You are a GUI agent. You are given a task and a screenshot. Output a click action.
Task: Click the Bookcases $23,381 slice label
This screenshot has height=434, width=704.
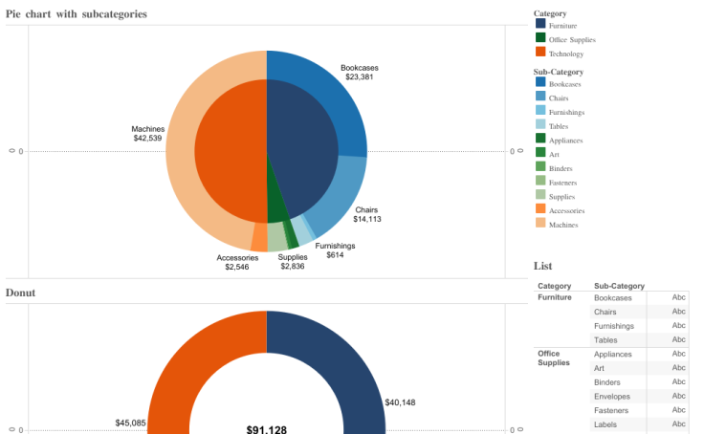360,72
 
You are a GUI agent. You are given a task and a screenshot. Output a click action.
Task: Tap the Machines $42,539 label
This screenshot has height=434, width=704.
147,133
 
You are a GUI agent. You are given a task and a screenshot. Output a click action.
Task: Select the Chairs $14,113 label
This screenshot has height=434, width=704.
366,214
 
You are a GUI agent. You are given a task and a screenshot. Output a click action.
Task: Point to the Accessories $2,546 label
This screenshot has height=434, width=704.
237,262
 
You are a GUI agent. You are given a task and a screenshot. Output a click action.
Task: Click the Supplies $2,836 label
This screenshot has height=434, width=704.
293,262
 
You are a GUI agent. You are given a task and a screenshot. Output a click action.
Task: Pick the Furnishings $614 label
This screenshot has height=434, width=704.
335,250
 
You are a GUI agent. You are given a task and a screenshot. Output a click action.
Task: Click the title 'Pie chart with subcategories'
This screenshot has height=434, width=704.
77,13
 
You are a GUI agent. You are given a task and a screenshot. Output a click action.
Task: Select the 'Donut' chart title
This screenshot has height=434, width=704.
20,293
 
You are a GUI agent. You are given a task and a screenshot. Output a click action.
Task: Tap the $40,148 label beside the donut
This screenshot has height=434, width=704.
401,402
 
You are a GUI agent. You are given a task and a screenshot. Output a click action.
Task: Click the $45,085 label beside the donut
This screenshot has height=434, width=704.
130,423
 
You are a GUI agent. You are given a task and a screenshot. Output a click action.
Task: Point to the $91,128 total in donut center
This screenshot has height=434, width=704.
266,429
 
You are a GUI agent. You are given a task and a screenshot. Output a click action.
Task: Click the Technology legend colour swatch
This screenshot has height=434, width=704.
540,54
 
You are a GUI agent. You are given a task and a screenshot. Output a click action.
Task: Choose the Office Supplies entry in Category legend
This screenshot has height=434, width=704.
572,40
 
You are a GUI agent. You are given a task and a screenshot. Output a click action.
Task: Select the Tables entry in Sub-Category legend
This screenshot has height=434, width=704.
559,126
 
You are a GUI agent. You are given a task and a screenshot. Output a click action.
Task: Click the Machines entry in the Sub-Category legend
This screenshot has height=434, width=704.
563,225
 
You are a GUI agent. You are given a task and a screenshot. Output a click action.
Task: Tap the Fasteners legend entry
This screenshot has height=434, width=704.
562,183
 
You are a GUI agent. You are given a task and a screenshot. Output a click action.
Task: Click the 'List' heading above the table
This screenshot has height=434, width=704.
542,266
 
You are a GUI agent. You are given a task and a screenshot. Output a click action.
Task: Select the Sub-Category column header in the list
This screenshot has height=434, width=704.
619,286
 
